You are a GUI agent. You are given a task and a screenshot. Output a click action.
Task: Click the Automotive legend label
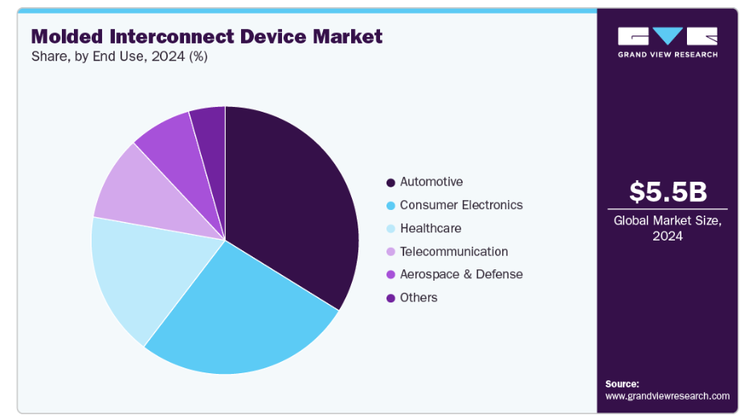point(431,182)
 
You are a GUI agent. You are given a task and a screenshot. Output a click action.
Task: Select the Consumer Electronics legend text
point(461,205)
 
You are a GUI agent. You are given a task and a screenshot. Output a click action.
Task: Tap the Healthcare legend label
point(431,228)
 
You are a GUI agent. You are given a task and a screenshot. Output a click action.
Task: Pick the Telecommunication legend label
point(454,252)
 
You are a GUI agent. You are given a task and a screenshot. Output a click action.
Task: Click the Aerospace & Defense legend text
point(461,274)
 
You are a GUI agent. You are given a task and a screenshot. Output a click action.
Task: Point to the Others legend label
point(419,298)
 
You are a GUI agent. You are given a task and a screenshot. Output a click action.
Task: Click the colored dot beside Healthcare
point(390,228)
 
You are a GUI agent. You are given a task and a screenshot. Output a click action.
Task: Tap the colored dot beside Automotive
point(390,183)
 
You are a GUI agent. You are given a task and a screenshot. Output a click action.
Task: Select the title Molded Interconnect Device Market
point(206,36)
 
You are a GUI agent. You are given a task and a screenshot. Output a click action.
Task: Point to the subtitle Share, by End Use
point(120,56)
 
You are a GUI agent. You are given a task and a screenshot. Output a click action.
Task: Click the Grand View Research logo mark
point(668,36)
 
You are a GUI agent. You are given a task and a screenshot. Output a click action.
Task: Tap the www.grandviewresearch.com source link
point(668,396)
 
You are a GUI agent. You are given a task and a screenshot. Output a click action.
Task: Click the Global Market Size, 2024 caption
point(668,228)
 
